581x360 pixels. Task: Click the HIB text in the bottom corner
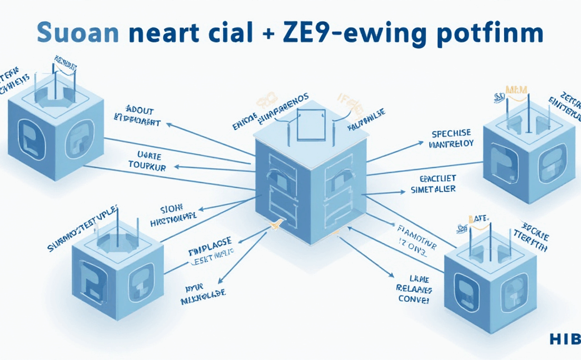[565, 339]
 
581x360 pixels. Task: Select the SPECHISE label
[451, 133]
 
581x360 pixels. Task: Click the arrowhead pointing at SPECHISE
[424, 142]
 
